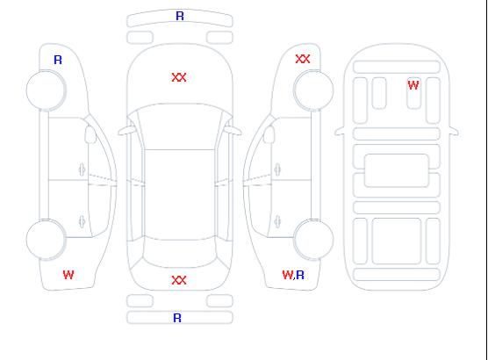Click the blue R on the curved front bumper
pyautogui.click(x=180, y=16)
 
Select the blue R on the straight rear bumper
pyautogui.click(x=177, y=318)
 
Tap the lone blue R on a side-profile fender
pyautogui.click(x=58, y=60)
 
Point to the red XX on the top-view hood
pyautogui.click(x=179, y=77)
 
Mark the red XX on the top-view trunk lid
pyautogui.click(x=179, y=280)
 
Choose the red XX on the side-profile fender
pyautogui.click(x=303, y=59)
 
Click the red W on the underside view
pyautogui.click(x=413, y=85)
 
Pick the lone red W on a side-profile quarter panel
pyautogui.click(x=68, y=275)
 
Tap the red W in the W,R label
pyautogui.click(x=288, y=275)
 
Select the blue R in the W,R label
pyautogui.click(x=300, y=275)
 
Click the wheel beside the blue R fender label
pyautogui.click(x=46, y=90)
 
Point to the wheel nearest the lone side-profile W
pyautogui.click(x=46, y=240)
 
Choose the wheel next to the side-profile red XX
pyautogui.click(x=313, y=90)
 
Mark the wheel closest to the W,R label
pyautogui.click(x=313, y=240)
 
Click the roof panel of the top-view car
pyautogui.click(x=180, y=195)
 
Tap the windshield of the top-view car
pyautogui.click(x=180, y=126)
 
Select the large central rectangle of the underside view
pyautogui.click(x=397, y=170)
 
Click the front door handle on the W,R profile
pyautogui.click(x=277, y=169)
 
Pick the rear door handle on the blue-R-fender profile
pyautogui.click(x=82, y=221)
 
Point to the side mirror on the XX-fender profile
pyautogui.click(x=269, y=134)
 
